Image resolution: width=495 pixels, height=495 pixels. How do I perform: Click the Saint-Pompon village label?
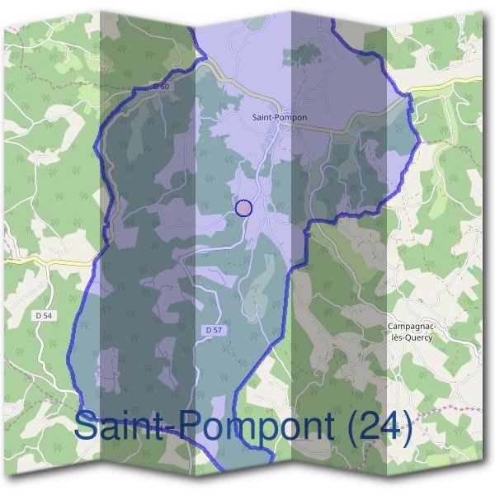[x=279, y=117]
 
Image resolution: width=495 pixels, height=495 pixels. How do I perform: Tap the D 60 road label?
[x=161, y=86]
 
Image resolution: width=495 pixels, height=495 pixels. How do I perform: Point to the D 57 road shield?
[x=212, y=330]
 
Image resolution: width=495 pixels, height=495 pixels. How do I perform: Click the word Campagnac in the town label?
[x=410, y=327]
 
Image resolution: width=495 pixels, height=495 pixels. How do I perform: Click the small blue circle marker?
[x=243, y=208]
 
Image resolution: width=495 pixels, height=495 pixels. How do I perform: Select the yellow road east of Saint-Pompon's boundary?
[x=445, y=87]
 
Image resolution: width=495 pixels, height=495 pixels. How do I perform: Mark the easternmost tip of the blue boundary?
[x=420, y=141]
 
